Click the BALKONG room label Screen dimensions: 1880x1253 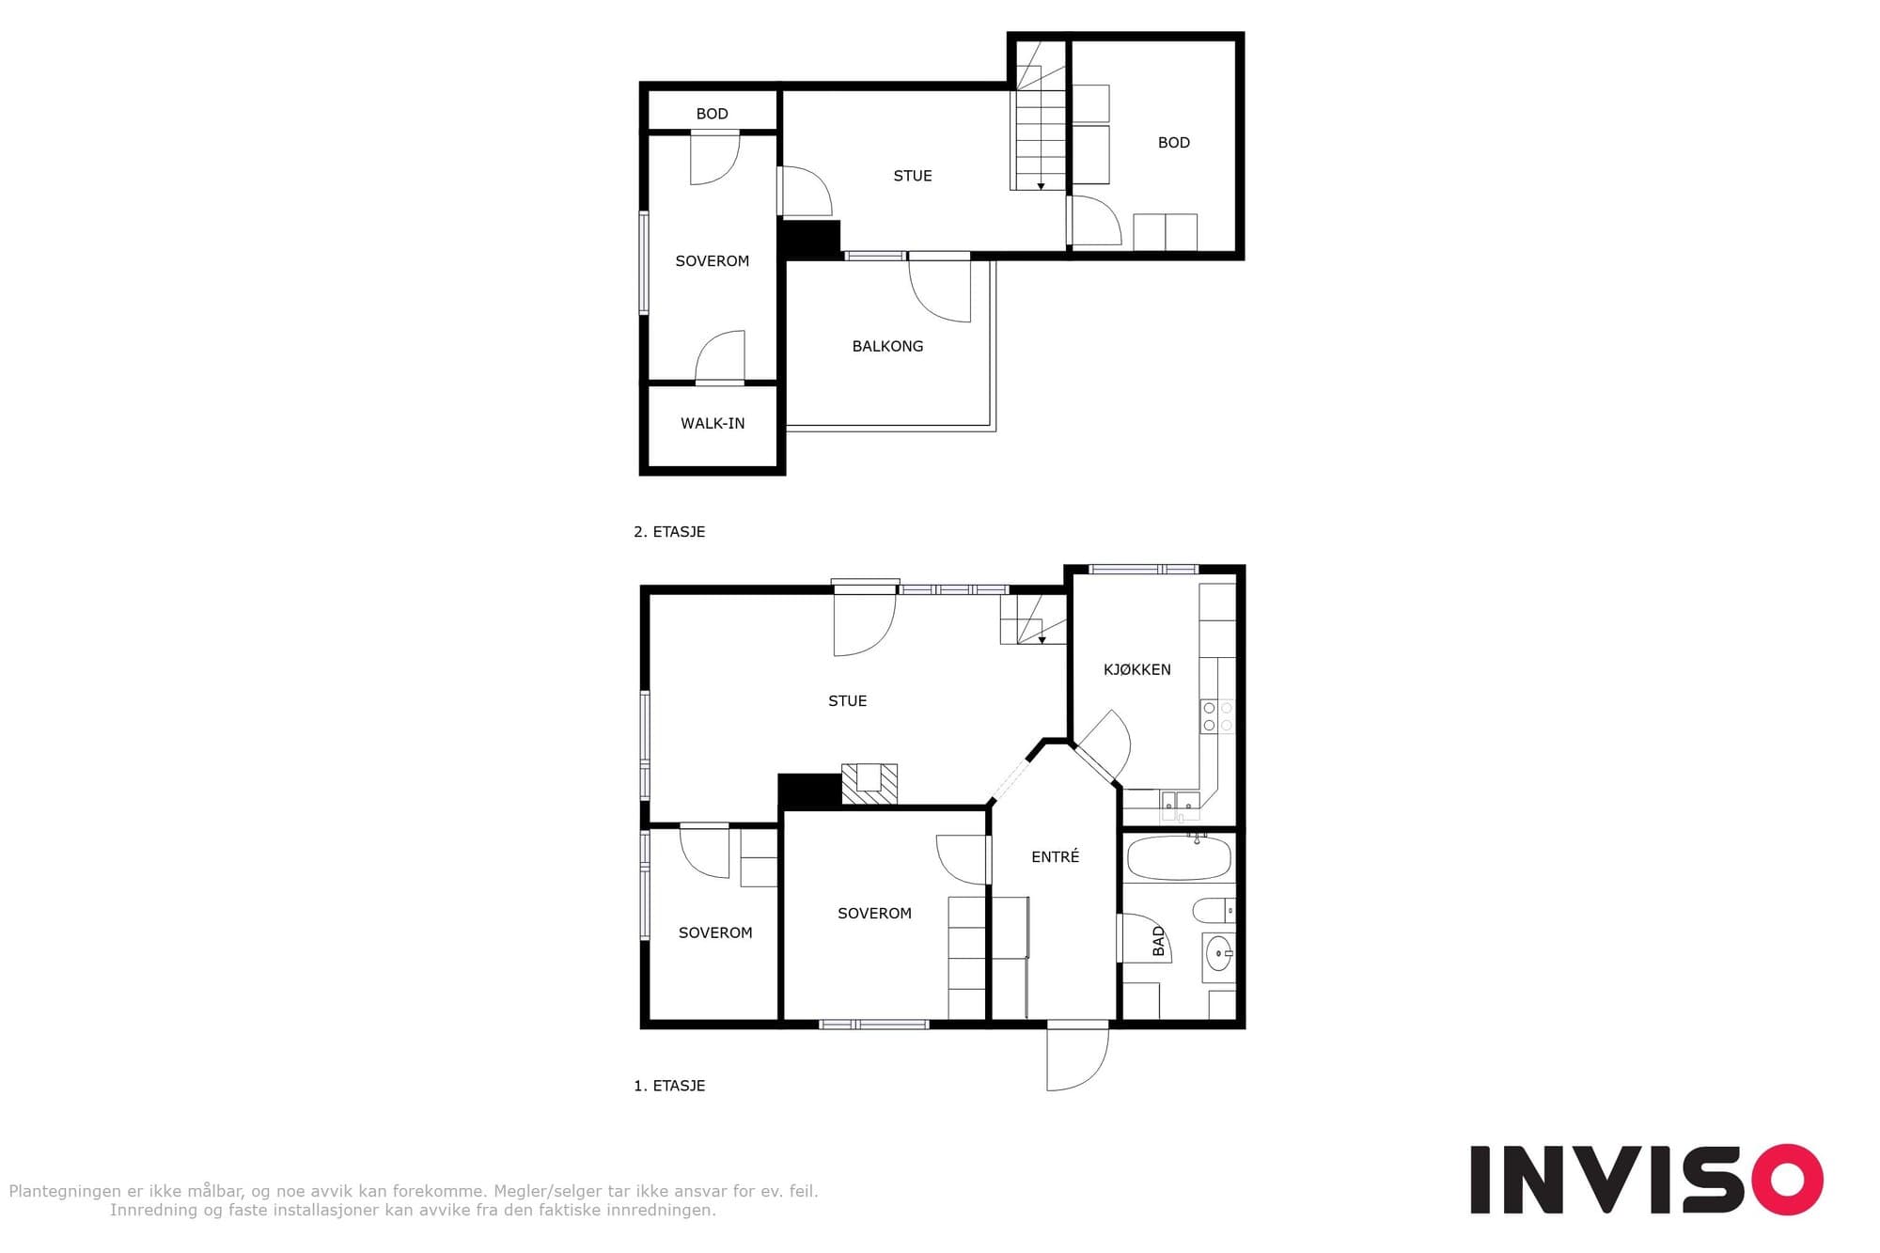point(887,346)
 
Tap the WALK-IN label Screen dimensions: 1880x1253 point(713,423)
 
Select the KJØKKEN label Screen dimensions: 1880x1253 point(1137,669)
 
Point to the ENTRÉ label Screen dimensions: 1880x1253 point(1055,856)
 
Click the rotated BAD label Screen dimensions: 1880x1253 point(1158,941)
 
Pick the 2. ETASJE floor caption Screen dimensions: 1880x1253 point(669,531)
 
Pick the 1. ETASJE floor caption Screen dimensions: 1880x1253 point(669,1086)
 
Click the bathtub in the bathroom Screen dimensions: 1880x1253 point(1179,857)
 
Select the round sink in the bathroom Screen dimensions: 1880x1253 point(1218,954)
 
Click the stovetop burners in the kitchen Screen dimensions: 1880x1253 point(1217,716)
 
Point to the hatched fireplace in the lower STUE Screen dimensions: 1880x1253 point(869,784)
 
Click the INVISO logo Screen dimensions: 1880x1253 point(1647,1180)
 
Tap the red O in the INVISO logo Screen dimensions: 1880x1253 point(1786,1180)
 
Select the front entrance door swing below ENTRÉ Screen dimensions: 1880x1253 point(1078,1057)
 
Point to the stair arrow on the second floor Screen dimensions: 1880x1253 point(1041,186)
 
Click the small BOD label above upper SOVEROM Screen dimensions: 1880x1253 point(712,114)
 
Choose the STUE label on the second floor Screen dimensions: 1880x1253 point(913,176)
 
